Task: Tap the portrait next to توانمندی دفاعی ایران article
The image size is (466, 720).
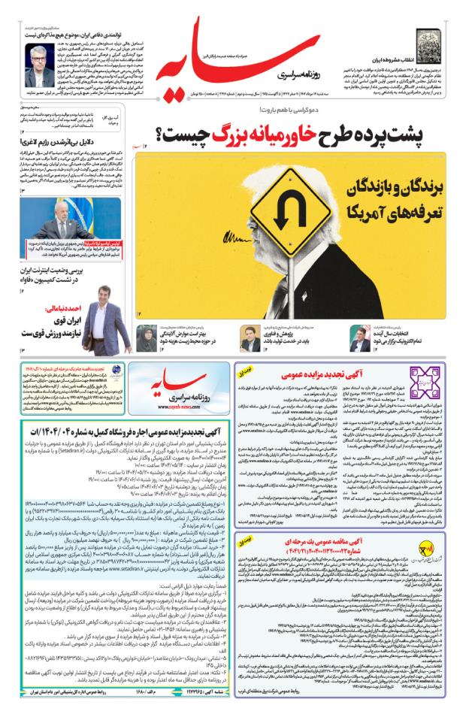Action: [x=39, y=65]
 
